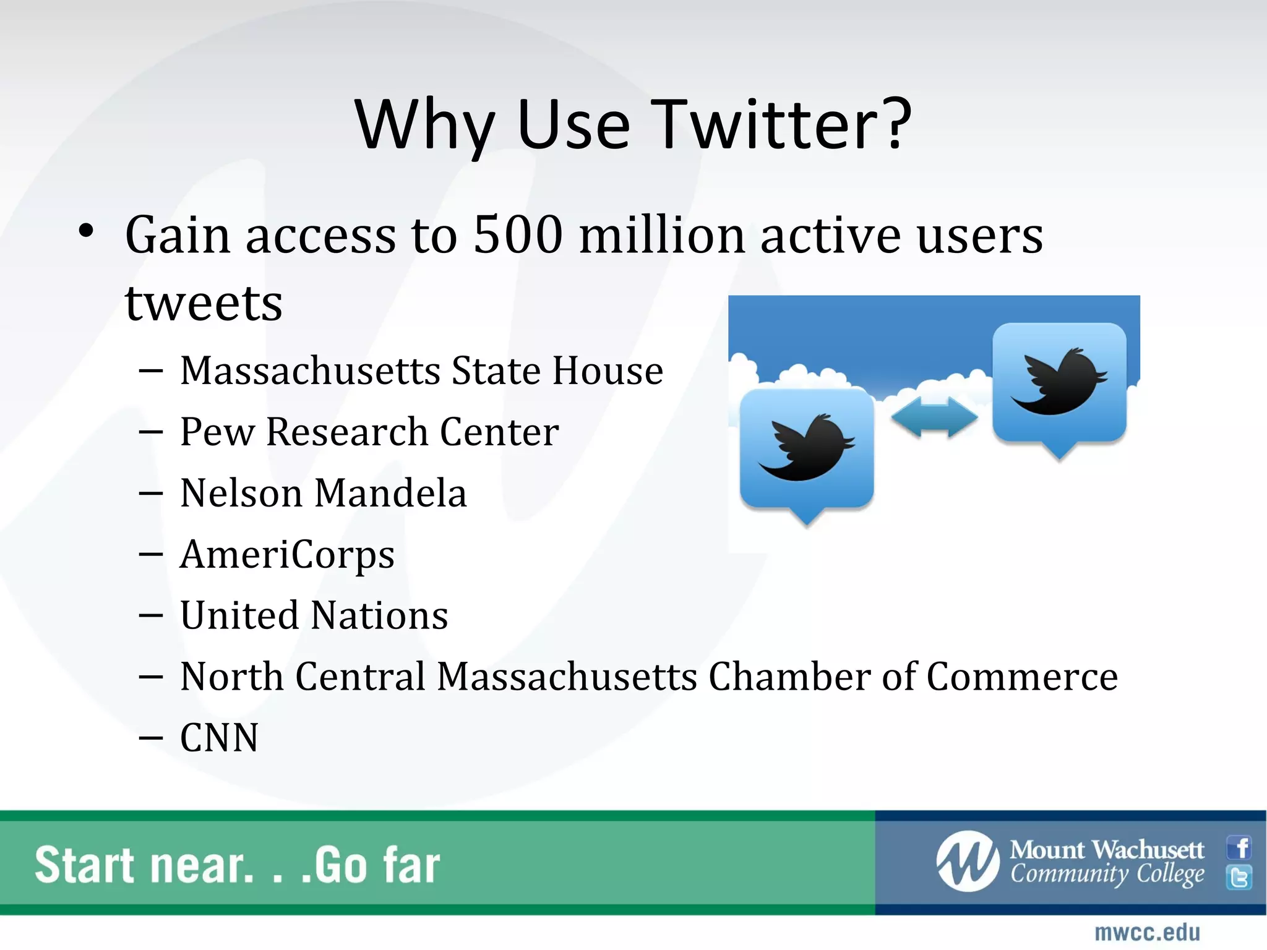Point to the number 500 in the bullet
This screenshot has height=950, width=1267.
[518, 235]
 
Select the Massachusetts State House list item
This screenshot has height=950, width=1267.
[421, 371]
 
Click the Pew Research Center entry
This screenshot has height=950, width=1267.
[369, 432]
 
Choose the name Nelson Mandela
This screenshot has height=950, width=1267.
[323, 493]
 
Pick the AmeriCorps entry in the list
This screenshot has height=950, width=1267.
[287, 554]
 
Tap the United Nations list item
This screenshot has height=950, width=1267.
[314, 615]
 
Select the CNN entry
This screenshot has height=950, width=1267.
[219, 738]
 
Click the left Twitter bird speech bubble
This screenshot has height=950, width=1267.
[807, 450]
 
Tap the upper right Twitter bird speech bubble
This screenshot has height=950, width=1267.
[1059, 383]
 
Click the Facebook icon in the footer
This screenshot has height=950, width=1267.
[1239, 847]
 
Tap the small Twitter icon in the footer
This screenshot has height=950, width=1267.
[1239, 878]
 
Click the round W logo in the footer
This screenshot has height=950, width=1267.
[967, 862]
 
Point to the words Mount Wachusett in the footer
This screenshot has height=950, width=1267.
[1107, 850]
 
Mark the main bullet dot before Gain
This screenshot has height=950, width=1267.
[87, 231]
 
